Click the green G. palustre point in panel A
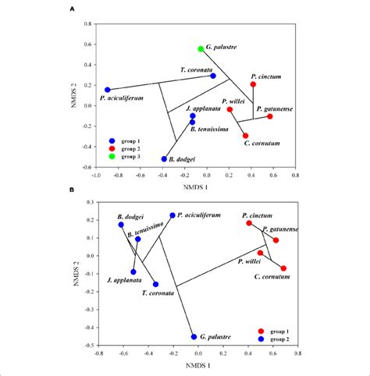[x=201, y=48]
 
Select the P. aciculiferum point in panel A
[x=108, y=90]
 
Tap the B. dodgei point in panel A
[x=164, y=158]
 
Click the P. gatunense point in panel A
[x=270, y=116]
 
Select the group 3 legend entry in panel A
[x=125, y=156]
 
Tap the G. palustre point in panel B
[x=194, y=337]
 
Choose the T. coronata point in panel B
[x=155, y=284]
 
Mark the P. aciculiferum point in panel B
[x=173, y=215]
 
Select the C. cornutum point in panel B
[x=283, y=268]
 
